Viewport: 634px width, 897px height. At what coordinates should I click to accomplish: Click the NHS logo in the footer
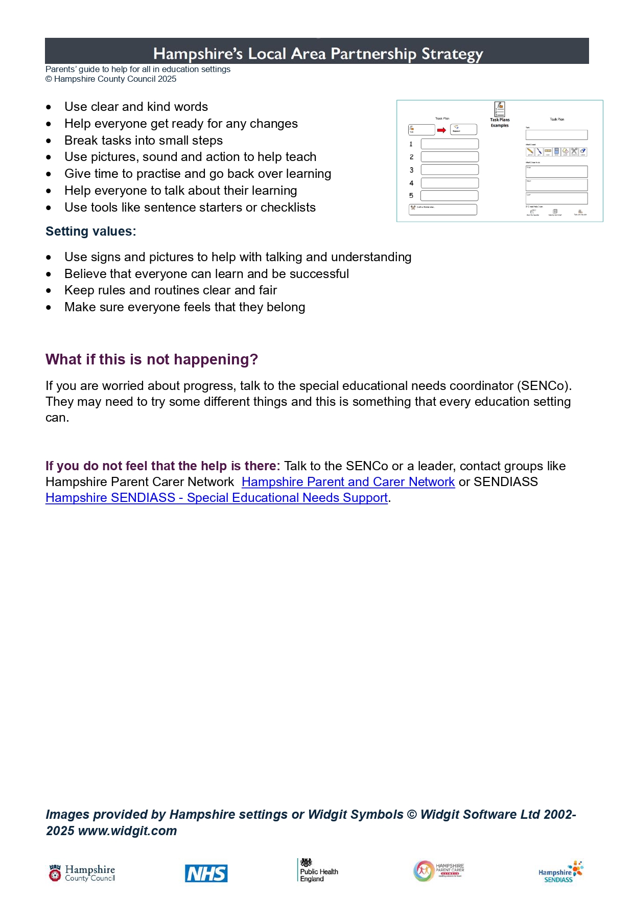206,873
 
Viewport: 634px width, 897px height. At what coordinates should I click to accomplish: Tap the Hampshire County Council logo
82,873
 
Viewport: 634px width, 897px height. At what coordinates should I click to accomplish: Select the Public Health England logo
318,871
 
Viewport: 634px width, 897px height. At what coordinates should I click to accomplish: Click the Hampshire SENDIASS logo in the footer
560,872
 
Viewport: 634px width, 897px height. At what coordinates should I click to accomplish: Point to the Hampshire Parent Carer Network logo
438,870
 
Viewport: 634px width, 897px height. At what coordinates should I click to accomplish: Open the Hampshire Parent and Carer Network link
348,482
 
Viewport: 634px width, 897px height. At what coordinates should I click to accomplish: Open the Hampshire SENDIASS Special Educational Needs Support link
217,498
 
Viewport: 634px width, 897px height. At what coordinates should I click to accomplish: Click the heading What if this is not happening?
152,359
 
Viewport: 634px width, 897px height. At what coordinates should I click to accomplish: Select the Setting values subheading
90,232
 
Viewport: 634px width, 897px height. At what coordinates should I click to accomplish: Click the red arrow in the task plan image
441,130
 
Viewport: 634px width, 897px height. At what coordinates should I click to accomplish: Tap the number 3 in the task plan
411,170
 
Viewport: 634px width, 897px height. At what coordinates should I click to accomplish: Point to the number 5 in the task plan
411,196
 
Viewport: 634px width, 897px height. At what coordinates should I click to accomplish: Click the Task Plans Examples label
500,123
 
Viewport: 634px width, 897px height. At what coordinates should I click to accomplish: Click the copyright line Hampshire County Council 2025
111,79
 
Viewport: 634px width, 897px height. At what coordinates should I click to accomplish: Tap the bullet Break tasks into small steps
144,141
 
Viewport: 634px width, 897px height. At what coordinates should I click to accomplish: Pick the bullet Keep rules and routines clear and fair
171,290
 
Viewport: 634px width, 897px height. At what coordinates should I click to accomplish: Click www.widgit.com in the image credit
127,831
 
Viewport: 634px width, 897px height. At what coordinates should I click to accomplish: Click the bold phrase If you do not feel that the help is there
162,466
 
